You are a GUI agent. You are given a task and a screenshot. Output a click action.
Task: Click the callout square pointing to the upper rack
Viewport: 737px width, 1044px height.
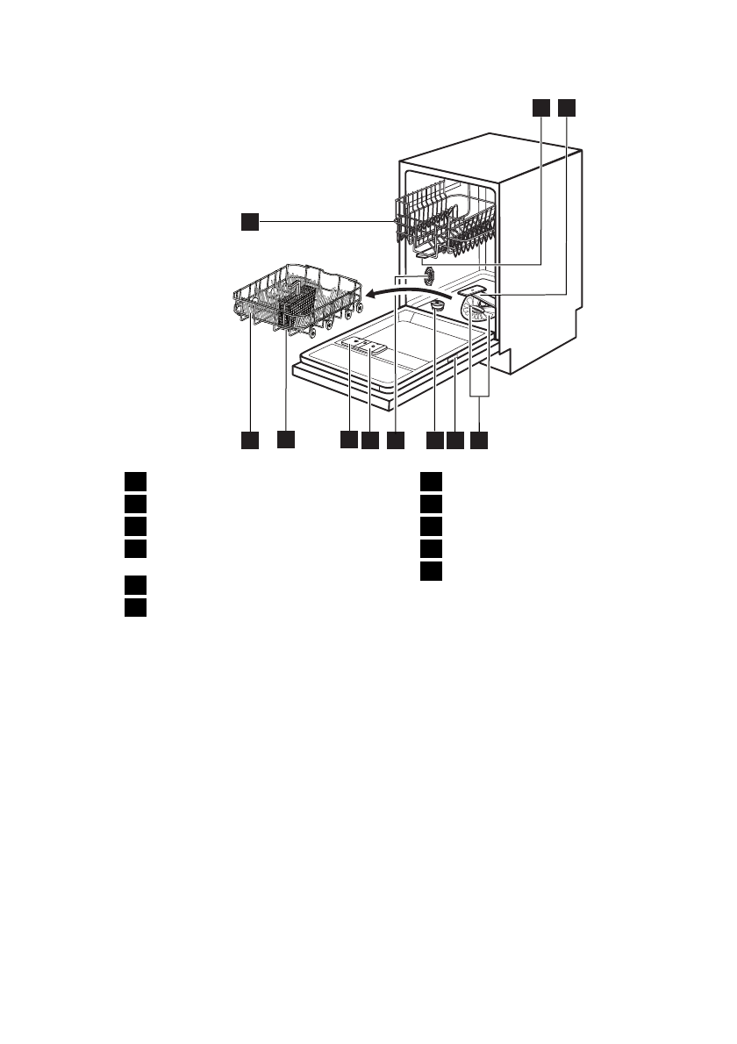click(x=250, y=223)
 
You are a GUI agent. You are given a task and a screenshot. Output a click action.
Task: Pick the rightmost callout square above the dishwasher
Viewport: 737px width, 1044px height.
click(x=566, y=107)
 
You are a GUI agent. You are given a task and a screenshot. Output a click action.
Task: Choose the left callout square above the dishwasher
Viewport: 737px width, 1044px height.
click(x=540, y=107)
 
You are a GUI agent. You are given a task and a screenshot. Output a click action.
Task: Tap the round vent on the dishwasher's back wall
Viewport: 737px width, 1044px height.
click(x=430, y=277)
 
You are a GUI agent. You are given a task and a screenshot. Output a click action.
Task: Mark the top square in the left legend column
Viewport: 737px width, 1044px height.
click(x=133, y=481)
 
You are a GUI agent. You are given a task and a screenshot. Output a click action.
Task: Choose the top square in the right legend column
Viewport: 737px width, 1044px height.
click(x=428, y=481)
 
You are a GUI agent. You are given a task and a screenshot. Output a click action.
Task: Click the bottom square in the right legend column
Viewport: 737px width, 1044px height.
click(x=428, y=572)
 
